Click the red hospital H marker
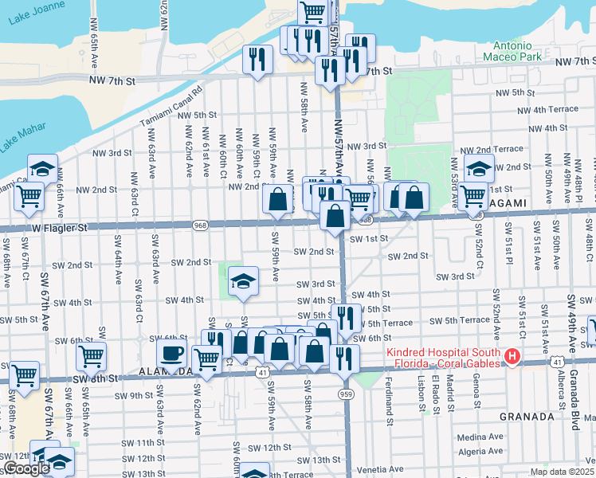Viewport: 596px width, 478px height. [512, 357]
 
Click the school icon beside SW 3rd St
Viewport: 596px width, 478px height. [243, 280]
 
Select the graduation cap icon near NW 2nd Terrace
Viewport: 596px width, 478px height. [479, 168]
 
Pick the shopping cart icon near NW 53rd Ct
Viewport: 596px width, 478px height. [473, 194]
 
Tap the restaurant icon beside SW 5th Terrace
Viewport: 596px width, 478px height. [343, 317]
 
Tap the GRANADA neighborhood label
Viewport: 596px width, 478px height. [526, 416]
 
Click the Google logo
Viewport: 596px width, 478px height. [25, 468]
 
